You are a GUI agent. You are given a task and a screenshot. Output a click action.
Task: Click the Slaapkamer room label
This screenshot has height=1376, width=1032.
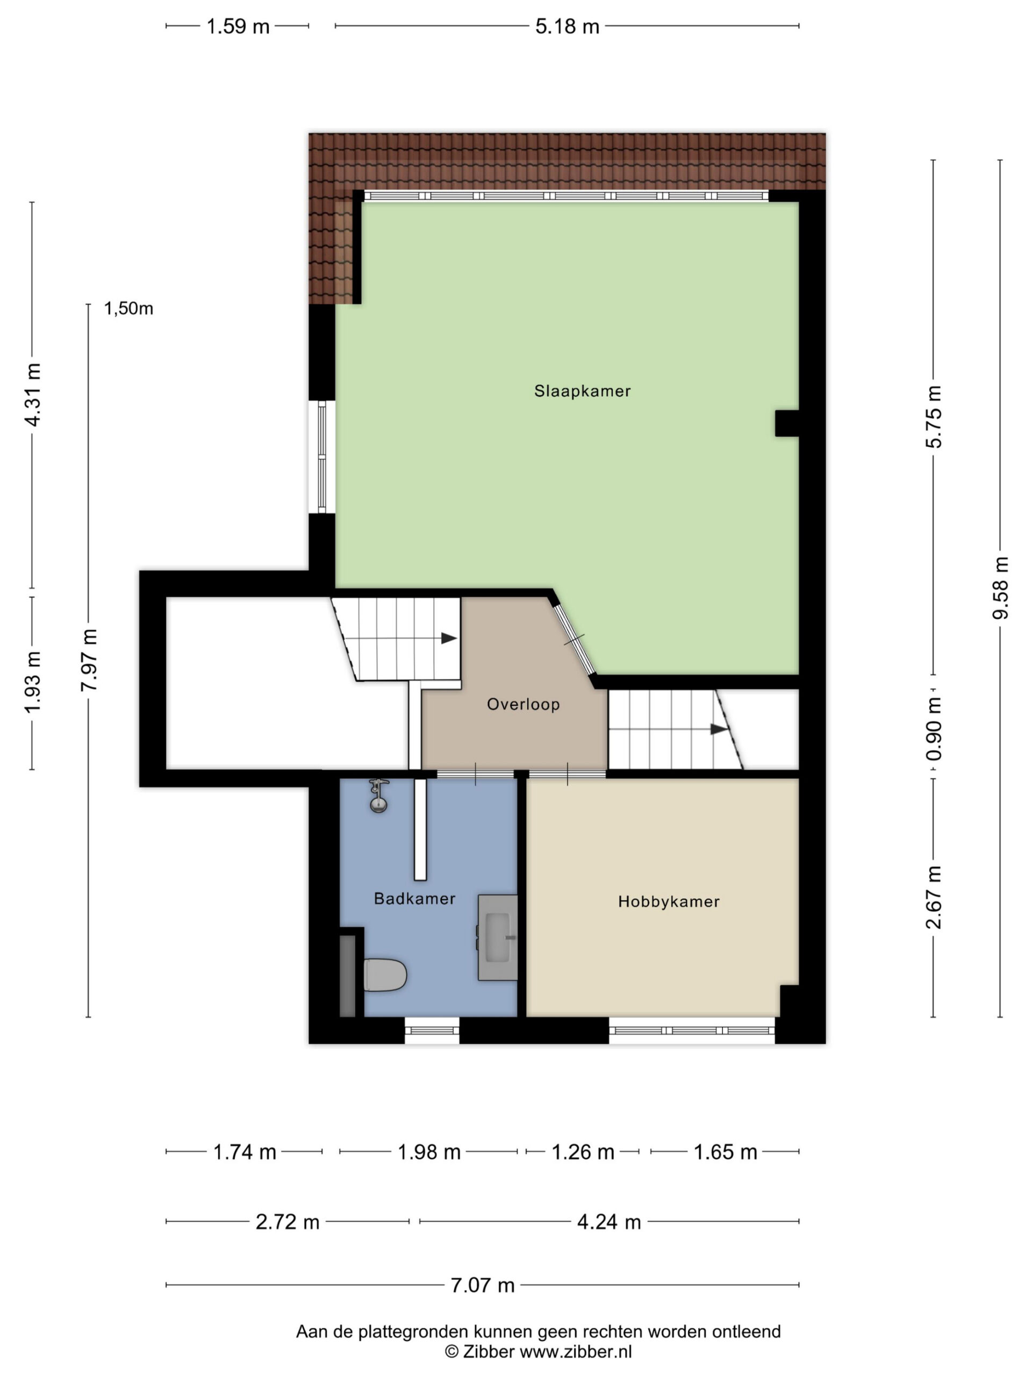582,391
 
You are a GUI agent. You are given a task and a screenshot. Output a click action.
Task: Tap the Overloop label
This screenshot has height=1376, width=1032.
523,704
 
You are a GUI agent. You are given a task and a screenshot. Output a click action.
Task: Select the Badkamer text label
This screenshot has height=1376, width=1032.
414,898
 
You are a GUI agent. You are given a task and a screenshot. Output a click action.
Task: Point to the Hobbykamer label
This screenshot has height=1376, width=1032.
669,901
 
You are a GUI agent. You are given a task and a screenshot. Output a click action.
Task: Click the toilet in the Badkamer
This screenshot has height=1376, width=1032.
384,975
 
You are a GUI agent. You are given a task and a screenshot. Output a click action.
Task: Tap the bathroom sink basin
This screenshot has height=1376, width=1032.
498,937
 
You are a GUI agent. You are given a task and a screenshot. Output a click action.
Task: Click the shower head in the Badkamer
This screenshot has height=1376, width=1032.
378,797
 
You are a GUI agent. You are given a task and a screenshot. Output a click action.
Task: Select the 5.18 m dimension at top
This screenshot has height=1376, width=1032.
567,27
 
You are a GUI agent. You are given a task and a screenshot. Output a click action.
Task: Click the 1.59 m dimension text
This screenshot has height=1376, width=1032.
238,27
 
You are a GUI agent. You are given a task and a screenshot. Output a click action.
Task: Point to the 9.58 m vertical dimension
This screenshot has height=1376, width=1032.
1000,588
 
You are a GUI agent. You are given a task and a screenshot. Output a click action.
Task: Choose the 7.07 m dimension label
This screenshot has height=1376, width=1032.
483,1285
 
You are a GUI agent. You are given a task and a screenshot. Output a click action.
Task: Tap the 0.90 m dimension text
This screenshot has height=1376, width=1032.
934,728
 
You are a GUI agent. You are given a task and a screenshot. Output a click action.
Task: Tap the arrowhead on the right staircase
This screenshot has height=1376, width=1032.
719,729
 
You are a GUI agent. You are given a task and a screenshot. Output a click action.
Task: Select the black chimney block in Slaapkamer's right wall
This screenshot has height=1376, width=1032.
787,424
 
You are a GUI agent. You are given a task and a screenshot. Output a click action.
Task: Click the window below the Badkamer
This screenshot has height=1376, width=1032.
432,1031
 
